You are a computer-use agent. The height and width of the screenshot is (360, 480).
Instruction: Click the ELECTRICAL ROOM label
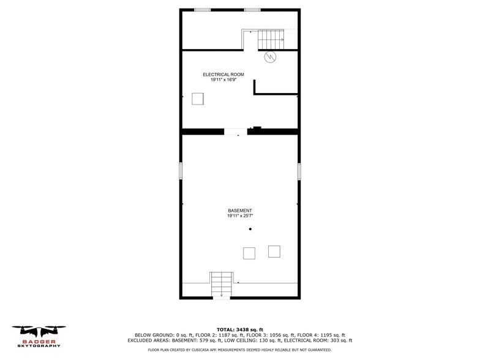(223, 75)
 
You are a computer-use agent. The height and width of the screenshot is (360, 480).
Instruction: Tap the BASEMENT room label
(240, 211)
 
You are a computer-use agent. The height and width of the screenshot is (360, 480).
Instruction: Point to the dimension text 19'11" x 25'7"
(240, 216)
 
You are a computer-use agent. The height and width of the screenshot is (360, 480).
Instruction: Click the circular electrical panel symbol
(270, 58)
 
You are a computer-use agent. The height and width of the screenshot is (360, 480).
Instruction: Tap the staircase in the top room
(271, 39)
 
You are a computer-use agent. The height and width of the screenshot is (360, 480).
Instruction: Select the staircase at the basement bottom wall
(222, 285)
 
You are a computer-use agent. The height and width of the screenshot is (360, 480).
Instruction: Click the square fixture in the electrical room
(198, 99)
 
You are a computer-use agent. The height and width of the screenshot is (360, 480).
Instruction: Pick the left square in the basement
(249, 253)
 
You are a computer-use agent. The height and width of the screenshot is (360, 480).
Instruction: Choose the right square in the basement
(274, 251)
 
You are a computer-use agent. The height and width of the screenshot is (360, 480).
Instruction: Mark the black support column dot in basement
(250, 230)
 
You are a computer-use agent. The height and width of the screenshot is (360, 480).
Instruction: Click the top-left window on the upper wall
(203, 10)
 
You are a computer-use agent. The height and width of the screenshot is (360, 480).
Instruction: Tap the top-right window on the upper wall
(252, 10)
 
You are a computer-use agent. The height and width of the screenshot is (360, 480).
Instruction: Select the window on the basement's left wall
(181, 171)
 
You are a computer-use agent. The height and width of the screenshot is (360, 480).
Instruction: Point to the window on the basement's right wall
(299, 171)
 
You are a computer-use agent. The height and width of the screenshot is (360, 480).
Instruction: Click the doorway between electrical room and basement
(236, 132)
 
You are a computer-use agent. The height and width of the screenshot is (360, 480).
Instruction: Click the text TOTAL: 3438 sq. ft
(239, 329)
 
